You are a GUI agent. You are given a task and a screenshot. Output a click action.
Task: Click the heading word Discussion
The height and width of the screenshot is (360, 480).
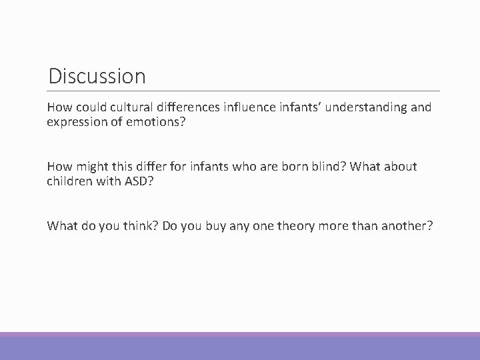[97, 76]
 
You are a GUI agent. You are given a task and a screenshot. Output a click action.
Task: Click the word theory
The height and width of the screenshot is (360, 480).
[295, 226]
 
